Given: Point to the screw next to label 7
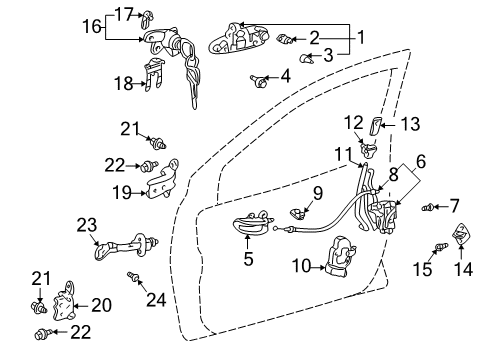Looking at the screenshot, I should (x=428, y=208).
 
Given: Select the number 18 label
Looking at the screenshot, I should (x=119, y=83).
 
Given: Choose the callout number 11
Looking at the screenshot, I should (x=343, y=156).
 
